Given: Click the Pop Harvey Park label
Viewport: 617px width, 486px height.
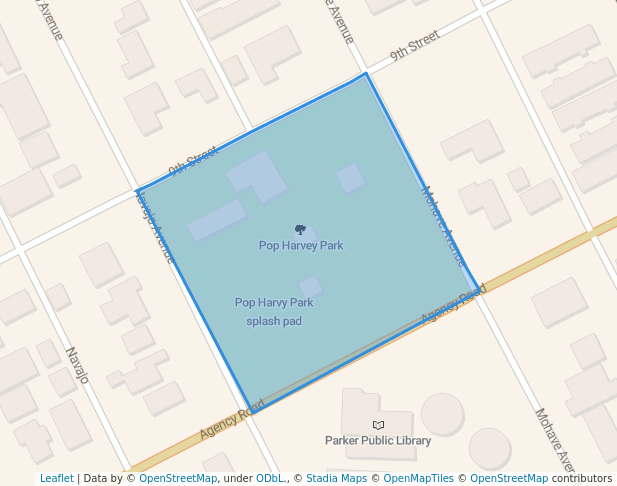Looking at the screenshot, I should tap(301, 245).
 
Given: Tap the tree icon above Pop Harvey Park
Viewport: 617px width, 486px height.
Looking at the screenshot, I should tap(300, 230).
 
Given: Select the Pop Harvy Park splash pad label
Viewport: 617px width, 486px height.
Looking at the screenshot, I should tap(274, 311).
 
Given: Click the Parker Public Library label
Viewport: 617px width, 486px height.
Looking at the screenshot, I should tap(378, 440).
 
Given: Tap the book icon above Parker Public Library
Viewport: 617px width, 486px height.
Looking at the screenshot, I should tap(378, 425).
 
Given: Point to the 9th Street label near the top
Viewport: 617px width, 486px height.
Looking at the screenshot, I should tap(414, 46).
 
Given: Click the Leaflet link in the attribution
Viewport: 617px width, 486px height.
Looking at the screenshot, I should tap(56, 478).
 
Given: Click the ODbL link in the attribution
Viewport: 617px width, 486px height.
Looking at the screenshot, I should tap(270, 478).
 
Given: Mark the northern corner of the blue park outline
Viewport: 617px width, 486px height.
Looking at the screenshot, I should tap(366, 73).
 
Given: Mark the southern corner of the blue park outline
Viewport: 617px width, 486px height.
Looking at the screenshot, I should tap(249, 409).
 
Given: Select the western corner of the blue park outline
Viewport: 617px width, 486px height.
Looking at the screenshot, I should tap(136, 190).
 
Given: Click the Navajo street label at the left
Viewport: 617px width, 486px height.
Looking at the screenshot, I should tap(77, 365).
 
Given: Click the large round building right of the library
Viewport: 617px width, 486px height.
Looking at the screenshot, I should tap(442, 413).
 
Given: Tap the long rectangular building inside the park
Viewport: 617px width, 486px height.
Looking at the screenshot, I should tap(216, 220).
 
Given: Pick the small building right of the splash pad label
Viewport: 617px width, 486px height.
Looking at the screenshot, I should tap(311, 286).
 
